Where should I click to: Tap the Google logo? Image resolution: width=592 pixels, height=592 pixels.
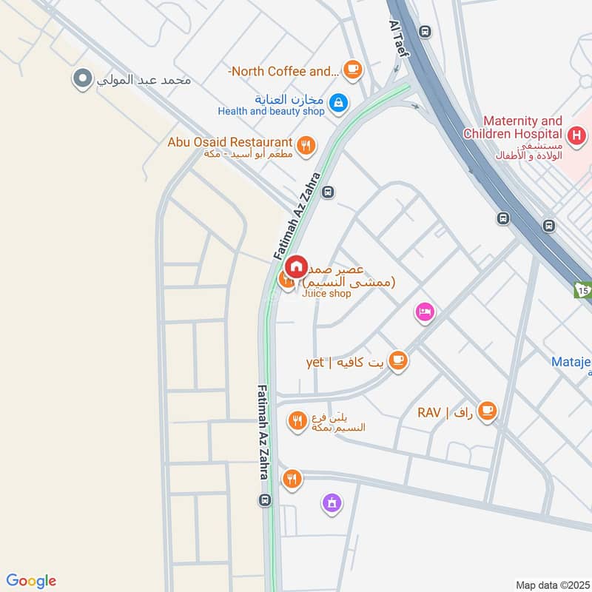pyautogui.click(x=31, y=581)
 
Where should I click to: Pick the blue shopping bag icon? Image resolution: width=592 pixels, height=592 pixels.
pyautogui.click(x=338, y=102)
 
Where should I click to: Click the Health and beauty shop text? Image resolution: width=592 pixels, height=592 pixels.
pyautogui.click(x=271, y=111)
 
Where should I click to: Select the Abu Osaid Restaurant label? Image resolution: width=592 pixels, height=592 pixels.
pyautogui.click(x=230, y=141)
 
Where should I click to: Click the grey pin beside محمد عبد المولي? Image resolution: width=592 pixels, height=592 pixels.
pyautogui.click(x=83, y=78)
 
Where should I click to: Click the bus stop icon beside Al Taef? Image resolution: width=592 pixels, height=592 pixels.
pyautogui.click(x=424, y=32)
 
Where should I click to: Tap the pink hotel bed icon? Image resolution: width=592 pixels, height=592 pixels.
pyautogui.click(x=424, y=312)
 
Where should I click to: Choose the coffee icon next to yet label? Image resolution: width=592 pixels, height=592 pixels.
pyautogui.click(x=398, y=360)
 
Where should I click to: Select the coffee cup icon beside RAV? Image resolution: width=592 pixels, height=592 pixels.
pyautogui.click(x=487, y=411)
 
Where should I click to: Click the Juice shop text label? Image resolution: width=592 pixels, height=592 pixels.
pyautogui.click(x=326, y=294)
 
